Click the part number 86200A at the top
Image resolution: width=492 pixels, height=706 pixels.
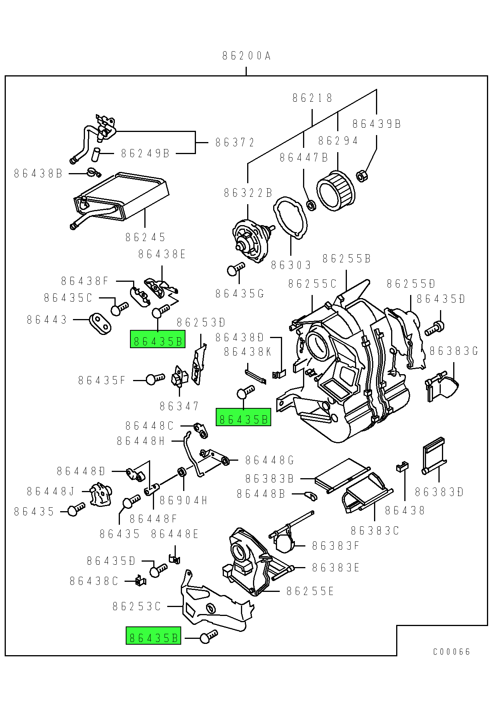(x=246, y=56)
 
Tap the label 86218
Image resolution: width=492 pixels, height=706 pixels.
(x=312, y=98)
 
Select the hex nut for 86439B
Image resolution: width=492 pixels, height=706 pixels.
(x=361, y=176)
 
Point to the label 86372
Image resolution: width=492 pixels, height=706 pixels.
(x=235, y=142)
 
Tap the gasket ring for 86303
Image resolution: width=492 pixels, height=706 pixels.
(x=290, y=217)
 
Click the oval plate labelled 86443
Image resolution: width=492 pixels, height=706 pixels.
(x=100, y=323)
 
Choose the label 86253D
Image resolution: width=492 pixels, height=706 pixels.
(x=201, y=322)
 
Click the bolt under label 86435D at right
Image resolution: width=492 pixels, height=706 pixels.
(x=435, y=328)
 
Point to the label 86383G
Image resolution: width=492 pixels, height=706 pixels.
(x=454, y=351)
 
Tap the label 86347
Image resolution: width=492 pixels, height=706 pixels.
(x=179, y=406)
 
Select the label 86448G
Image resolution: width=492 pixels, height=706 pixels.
(x=270, y=460)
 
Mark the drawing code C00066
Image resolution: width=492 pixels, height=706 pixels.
(x=452, y=652)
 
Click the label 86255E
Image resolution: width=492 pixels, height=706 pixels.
(x=310, y=591)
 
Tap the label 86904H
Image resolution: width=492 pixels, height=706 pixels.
(x=184, y=501)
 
